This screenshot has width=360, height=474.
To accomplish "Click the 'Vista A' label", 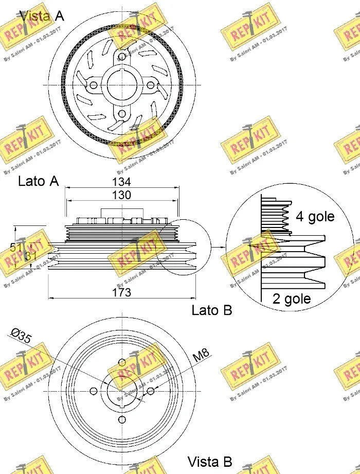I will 41,16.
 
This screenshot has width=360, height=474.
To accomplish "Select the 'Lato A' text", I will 38,181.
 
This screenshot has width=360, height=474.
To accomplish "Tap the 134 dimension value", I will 122,182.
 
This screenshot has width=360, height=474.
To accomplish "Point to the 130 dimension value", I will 122,195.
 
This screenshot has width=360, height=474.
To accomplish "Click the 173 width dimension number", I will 122,292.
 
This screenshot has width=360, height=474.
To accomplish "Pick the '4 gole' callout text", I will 315,217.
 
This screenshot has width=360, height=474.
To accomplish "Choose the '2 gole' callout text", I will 292,299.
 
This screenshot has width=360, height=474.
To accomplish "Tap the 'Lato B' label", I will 212,310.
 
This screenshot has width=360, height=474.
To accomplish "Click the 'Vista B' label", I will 210,461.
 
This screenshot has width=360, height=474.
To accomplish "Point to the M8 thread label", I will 201,355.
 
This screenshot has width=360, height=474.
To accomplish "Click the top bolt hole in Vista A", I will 122,56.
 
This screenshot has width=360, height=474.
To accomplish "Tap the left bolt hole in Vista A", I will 93,85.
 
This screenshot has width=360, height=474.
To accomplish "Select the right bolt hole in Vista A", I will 151,85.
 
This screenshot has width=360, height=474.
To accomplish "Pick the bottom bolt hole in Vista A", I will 122,114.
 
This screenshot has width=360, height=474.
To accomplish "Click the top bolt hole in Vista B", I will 122,363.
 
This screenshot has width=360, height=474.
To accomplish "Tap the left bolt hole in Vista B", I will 93,392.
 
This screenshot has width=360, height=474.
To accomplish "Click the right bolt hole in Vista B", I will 151,392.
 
